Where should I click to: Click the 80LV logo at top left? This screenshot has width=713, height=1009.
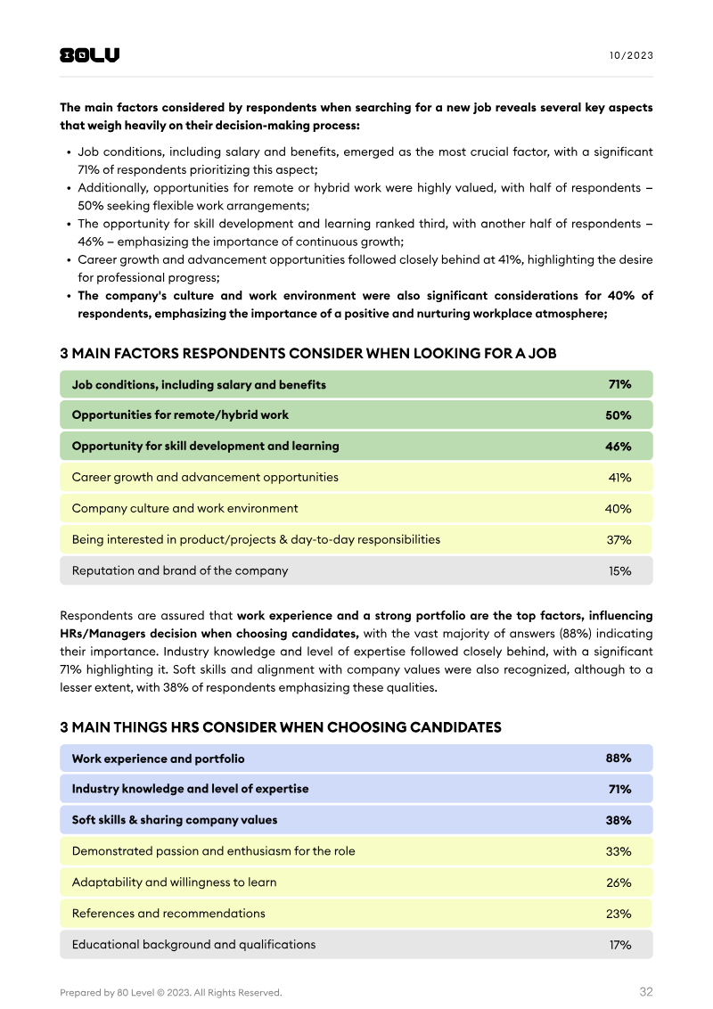click(89, 55)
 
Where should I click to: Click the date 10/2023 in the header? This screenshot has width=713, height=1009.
click(631, 55)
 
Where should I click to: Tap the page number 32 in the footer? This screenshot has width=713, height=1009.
click(646, 992)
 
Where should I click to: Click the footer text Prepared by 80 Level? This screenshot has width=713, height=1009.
click(170, 993)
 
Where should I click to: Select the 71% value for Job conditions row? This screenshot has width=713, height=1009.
click(619, 385)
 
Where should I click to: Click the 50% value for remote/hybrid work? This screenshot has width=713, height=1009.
click(619, 415)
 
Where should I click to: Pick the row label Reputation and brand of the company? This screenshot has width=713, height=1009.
click(180, 570)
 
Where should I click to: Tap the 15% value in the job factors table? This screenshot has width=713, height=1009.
click(619, 571)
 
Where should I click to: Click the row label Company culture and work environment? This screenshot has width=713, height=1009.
click(184, 508)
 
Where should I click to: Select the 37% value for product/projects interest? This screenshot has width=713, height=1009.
click(619, 540)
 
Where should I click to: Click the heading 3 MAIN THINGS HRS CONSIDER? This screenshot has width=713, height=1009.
click(280, 727)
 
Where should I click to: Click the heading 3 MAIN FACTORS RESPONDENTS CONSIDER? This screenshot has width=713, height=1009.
click(307, 354)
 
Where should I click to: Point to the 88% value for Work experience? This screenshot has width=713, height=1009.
click(619, 759)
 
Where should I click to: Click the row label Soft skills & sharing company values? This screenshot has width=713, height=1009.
click(175, 820)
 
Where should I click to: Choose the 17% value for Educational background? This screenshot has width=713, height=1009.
click(619, 945)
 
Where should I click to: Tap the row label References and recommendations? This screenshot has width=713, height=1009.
click(168, 914)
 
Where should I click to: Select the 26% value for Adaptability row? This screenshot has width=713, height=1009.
click(619, 883)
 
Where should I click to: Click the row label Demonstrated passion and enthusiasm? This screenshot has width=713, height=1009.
click(213, 851)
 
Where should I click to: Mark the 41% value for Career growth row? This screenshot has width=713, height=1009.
click(619, 478)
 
